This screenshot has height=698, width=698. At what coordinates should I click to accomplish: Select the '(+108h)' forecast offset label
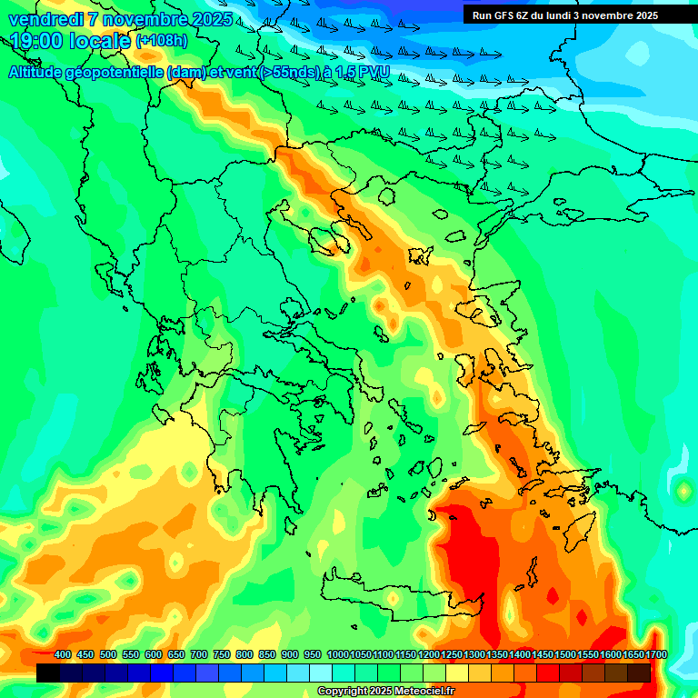click(162, 41)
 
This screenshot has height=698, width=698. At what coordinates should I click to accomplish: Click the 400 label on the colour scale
click(63, 655)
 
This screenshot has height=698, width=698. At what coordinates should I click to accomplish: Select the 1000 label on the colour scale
click(337, 655)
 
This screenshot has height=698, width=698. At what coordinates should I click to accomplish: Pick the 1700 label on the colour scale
click(655, 655)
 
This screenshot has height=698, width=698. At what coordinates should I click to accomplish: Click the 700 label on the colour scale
click(199, 655)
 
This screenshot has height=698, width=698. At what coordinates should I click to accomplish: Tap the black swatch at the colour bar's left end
click(48, 673)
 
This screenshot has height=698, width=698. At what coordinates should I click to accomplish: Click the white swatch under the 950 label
click(321, 673)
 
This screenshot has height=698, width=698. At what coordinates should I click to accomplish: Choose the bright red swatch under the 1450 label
click(548, 673)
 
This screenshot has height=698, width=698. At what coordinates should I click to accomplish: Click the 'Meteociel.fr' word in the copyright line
click(424, 692)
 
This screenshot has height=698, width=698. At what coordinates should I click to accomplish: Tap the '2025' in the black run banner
click(646, 15)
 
